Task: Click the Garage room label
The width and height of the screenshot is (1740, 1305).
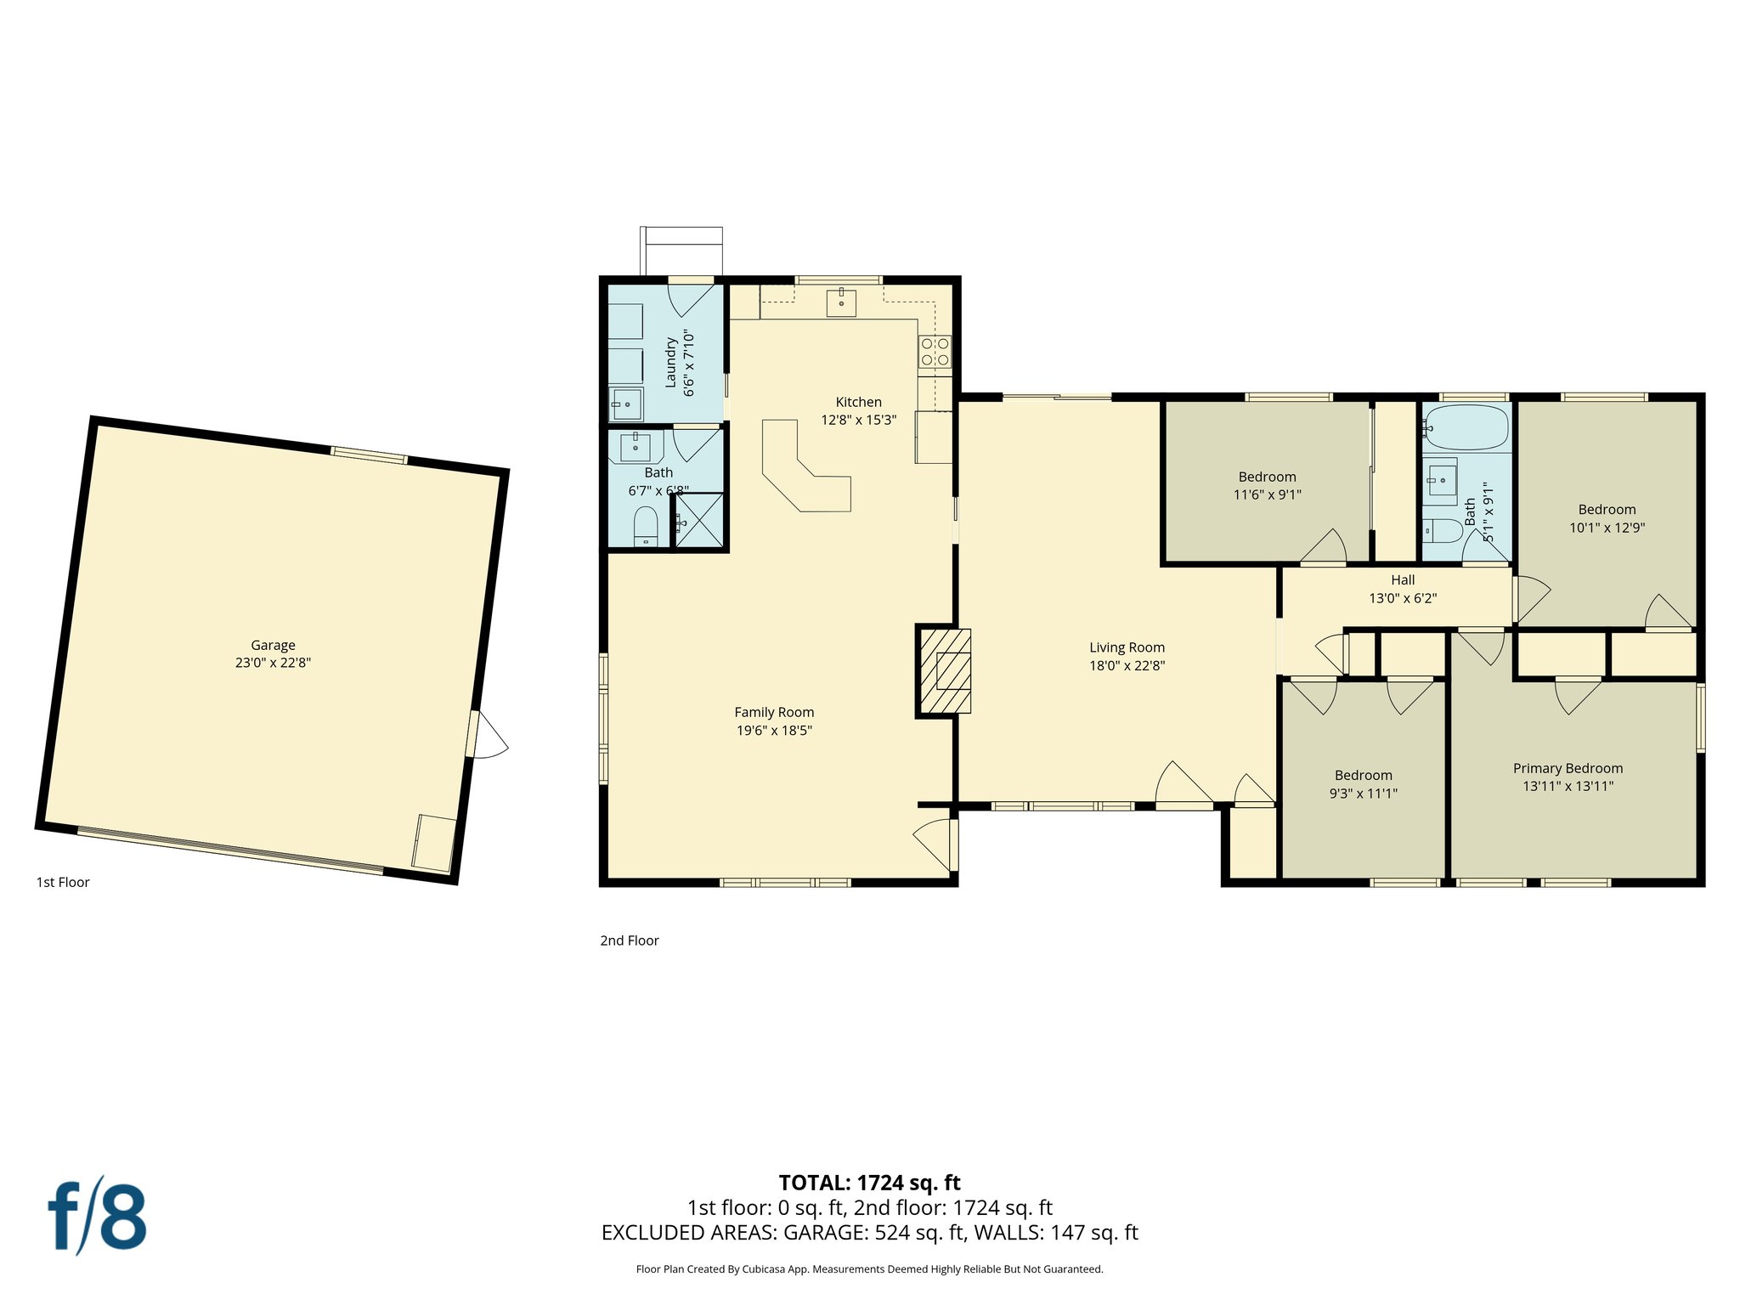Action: point(273,645)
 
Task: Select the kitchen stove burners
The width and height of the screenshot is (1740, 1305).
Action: point(935,352)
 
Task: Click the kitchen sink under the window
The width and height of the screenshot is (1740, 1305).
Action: point(841,302)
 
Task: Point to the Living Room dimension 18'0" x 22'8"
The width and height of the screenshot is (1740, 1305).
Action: point(1127,666)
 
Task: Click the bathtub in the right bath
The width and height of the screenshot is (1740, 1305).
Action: point(1467,427)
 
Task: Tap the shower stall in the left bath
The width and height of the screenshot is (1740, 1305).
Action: point(699,520)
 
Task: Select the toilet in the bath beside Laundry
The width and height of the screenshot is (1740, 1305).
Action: point(646,527)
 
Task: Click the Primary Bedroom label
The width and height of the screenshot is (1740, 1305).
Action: point(1568,768)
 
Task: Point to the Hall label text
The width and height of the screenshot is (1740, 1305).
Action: point(1403,580)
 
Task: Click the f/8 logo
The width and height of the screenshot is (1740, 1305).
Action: point(97,1216)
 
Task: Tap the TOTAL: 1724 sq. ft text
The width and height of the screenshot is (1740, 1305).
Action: point(869,1183)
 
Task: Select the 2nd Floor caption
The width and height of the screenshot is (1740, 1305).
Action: point(630,941)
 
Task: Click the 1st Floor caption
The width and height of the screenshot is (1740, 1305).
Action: point(63,882)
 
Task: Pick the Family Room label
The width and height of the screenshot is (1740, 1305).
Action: point(774,712)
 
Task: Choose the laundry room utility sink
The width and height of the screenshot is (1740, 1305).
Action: point(627,404)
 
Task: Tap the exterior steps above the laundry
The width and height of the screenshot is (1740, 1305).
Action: point(682,251)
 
